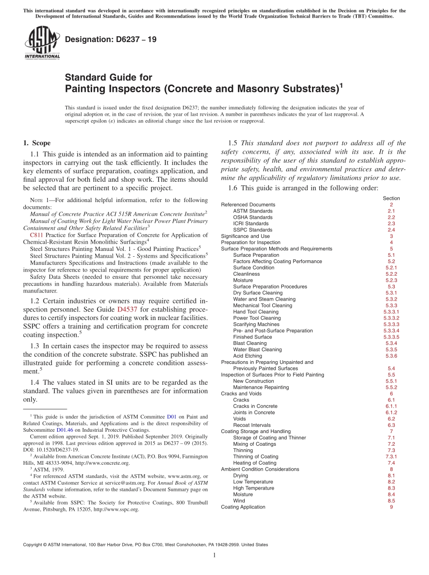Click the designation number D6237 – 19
111,39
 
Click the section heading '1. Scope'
37,143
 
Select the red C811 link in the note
36,235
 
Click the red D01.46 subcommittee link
65,430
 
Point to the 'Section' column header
391,198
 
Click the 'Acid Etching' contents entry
248,356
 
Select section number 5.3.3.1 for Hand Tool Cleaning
391,312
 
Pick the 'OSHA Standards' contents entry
252,217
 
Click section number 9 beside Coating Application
391,507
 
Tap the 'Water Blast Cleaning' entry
257,350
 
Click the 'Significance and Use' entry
245,236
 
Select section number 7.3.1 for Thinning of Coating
391,457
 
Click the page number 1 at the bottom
214,555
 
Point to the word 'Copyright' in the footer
34,545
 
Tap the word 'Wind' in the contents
239,501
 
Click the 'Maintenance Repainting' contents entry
261,387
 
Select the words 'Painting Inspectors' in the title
112,89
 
